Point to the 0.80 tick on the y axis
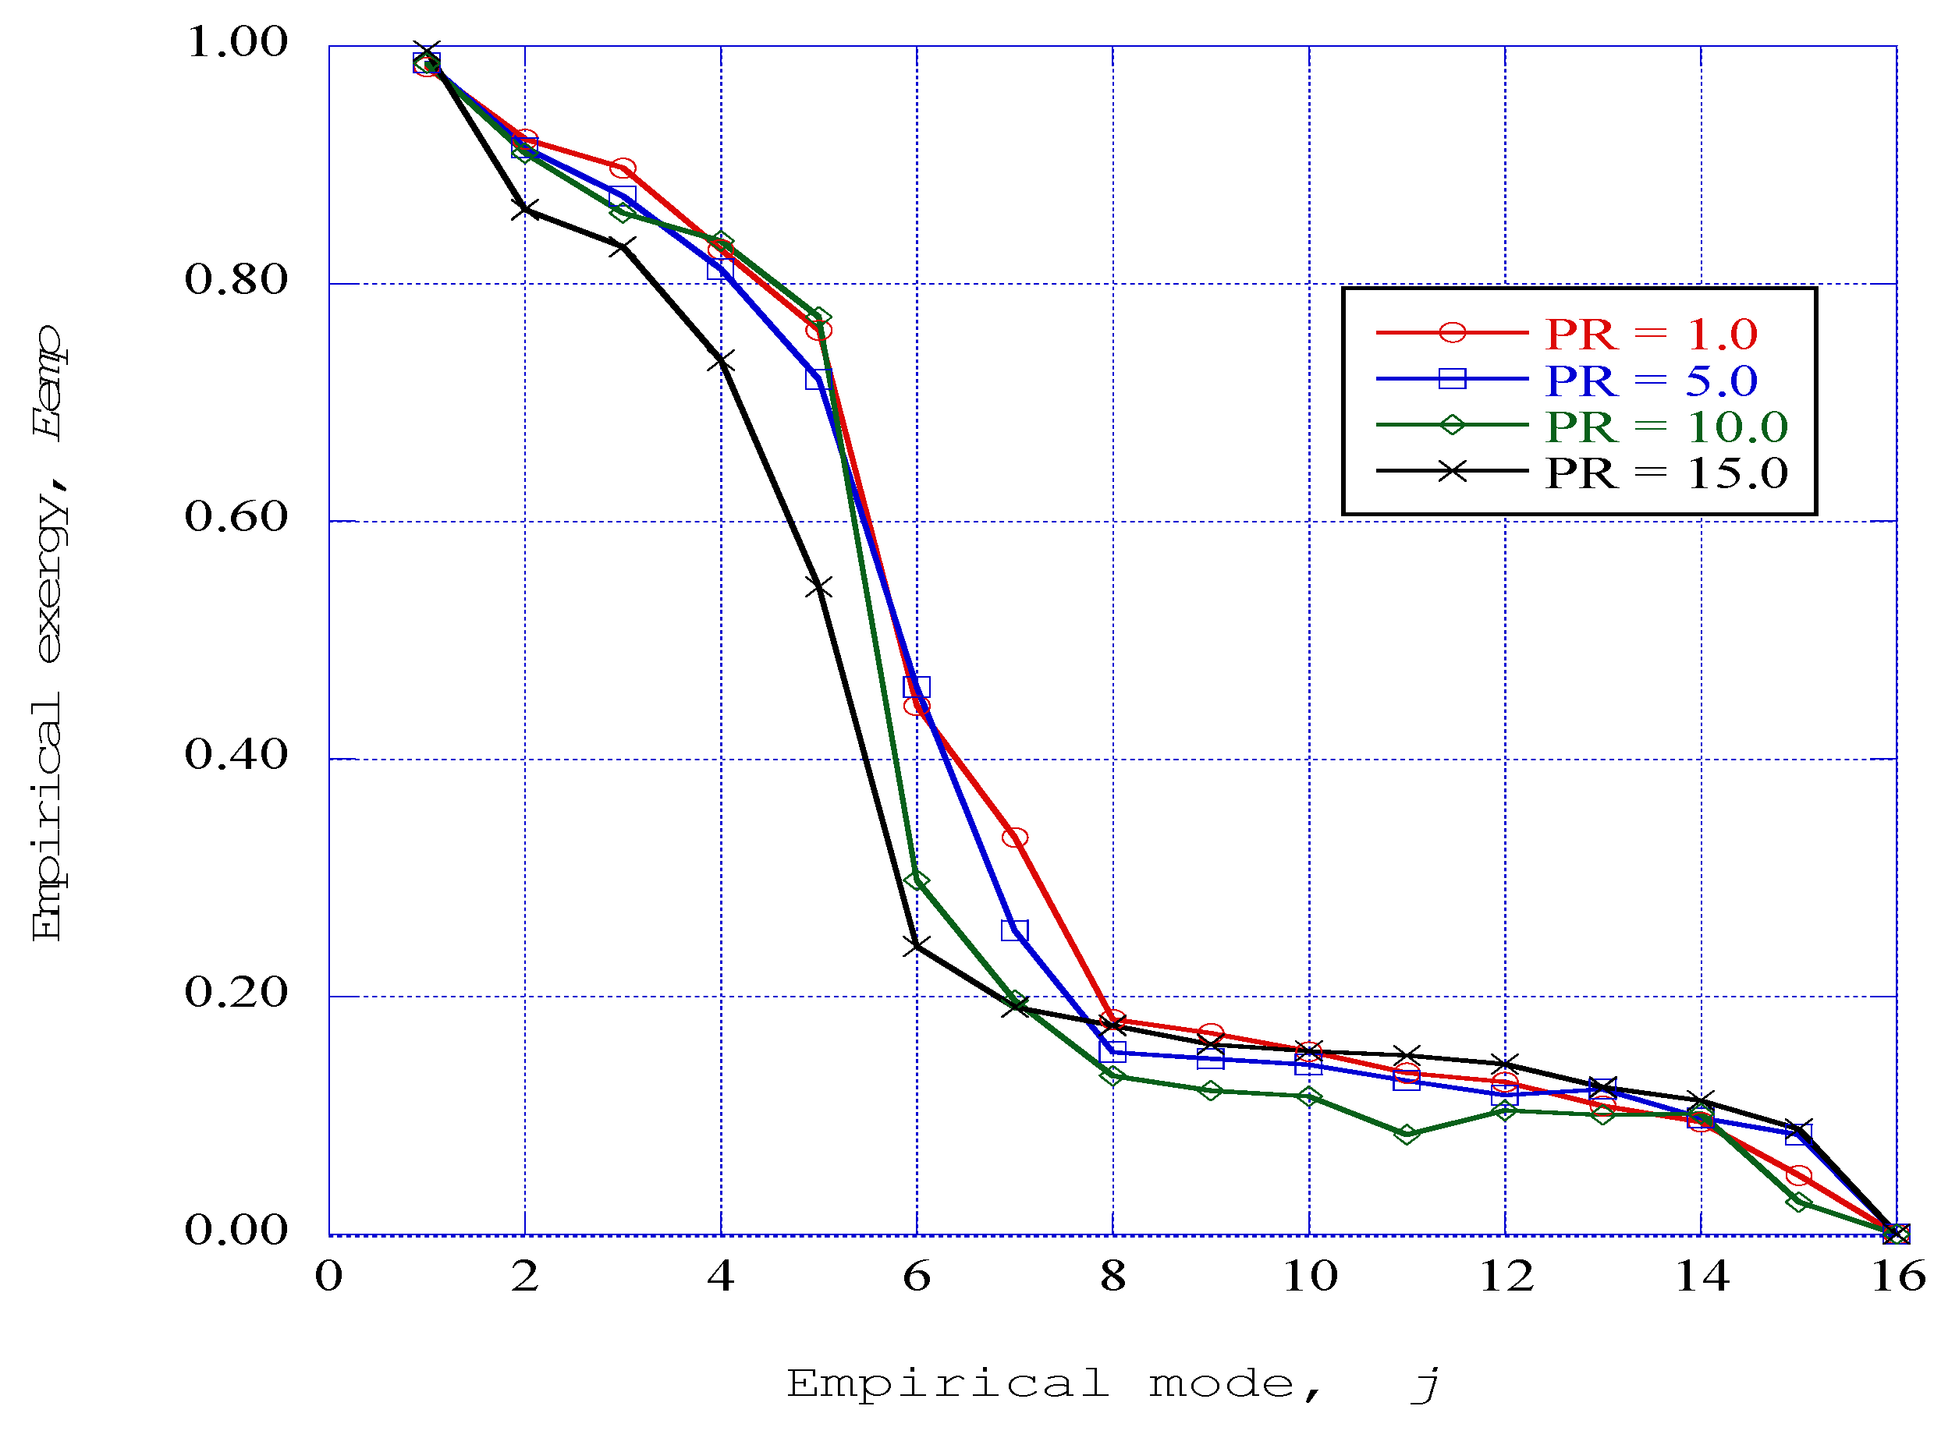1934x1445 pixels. pyautogui.click(x=236, y=280)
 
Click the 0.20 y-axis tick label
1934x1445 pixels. pyautogui.click(x=236, y=992)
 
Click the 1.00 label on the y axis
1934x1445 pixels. pyautogui.click(x=236, y=42)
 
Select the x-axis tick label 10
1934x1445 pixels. pyautogui.click(x=1309, y=1277)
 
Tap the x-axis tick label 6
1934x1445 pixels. pyautogui.click(x=916, y=1277)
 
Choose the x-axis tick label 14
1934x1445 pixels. pyautogui.click(x=1701, y=1277)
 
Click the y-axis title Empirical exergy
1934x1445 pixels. pyautogui.click(x=48, y=634)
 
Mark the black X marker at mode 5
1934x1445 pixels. pyautogui.click(x=818, y=586)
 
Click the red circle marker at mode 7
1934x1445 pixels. pyautogui.click(x=1014, y=838)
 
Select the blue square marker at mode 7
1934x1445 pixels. pyautogui.click(x=1014, y=930)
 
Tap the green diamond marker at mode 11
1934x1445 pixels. pyautogui.click(x=1406, y=1134)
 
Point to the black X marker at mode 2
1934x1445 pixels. pyautogui.click(x=524, y=209)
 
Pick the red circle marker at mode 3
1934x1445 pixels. pyautogui.click(x=623, y=168)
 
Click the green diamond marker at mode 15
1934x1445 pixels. pyautogui.click(x=1798, y=1202)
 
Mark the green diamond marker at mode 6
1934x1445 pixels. pyautogui.click(x=916, y=880)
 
